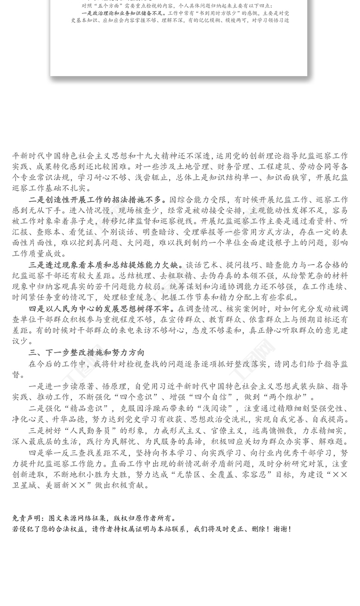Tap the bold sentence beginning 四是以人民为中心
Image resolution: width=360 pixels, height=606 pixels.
(x=101, y=308)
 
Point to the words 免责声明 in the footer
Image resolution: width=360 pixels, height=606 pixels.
(x=27, y=518)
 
